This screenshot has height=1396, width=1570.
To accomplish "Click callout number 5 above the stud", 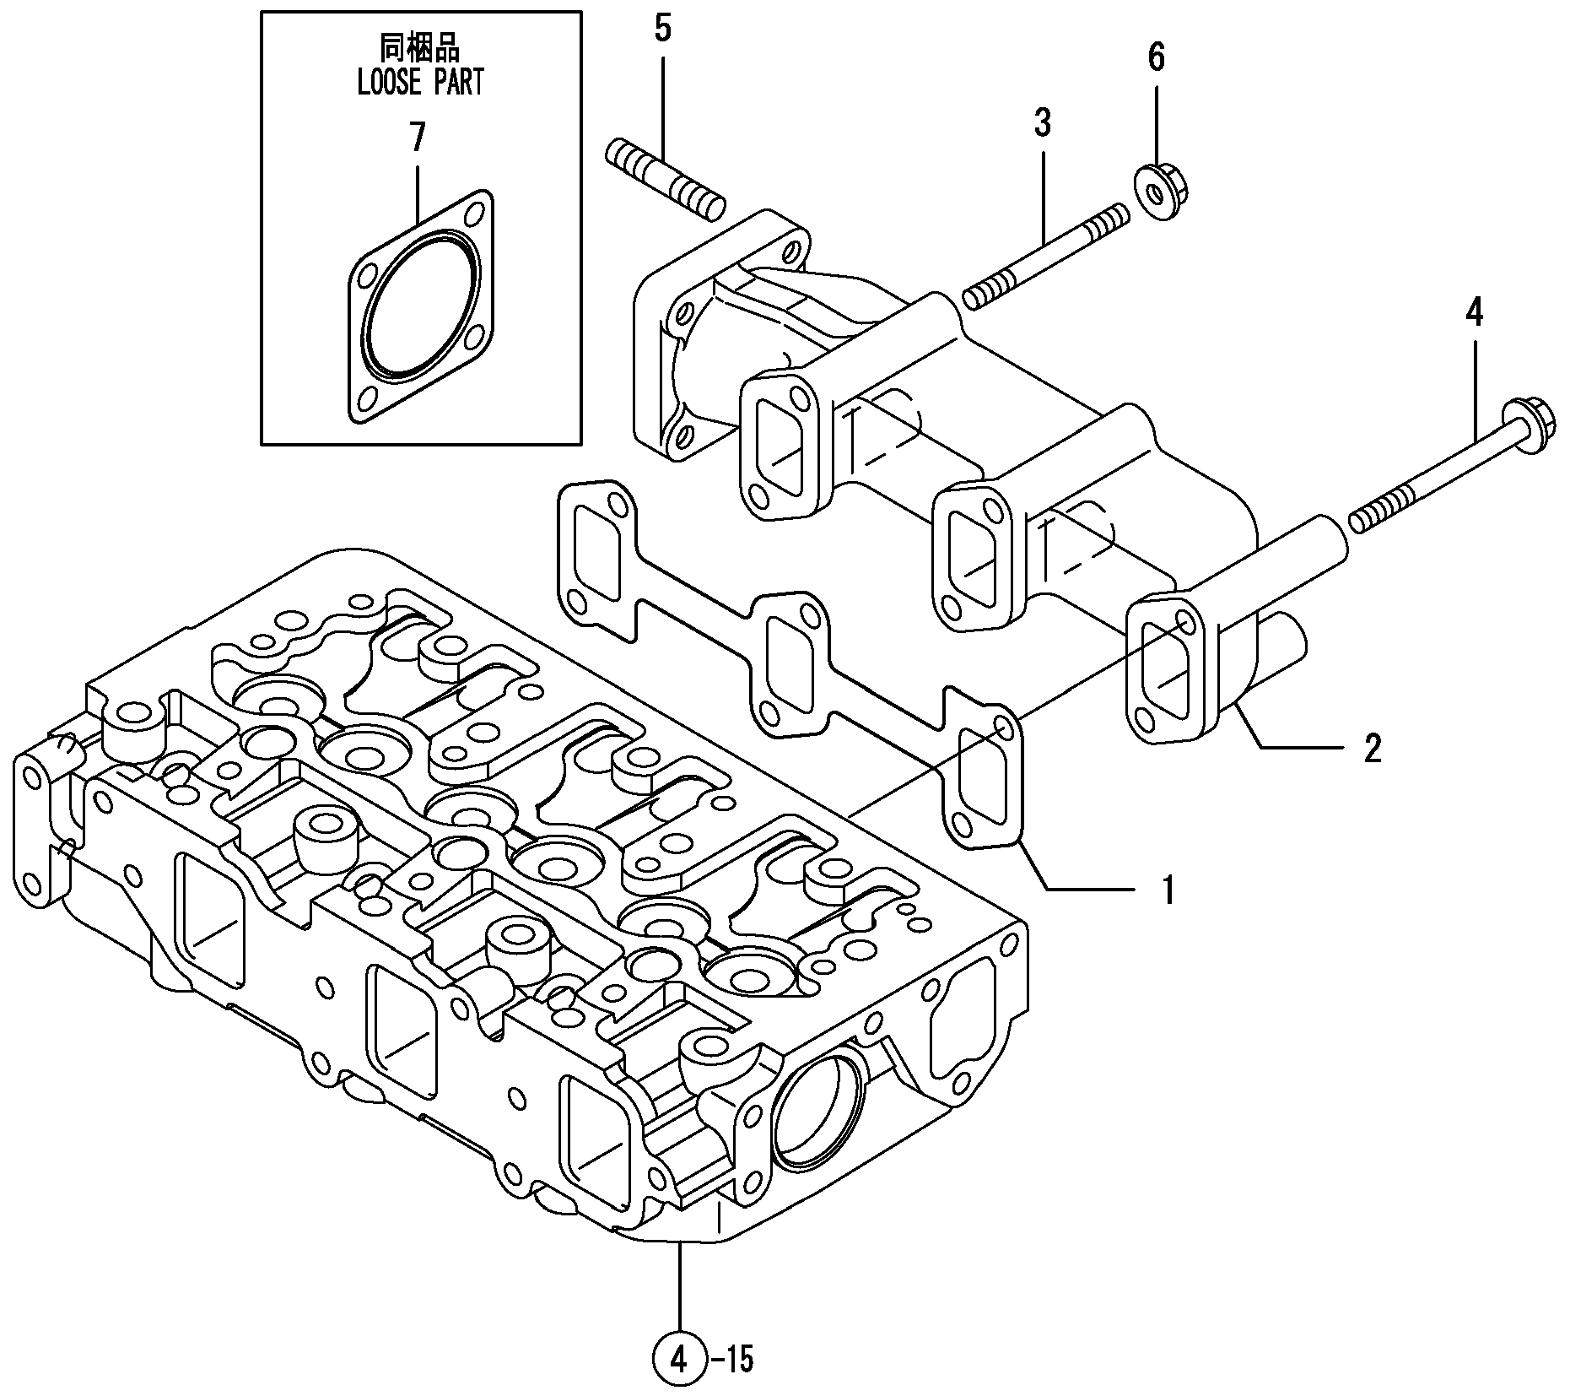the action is [662, 29].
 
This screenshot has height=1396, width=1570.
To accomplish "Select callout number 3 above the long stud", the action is [1043, 123].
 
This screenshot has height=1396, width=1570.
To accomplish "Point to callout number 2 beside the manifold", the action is [1373, 749].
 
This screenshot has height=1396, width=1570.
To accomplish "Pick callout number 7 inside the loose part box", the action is [418, 137].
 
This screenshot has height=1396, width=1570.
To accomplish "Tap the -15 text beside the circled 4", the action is [731, 1360].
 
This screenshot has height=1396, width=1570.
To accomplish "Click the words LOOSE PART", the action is [420, 83].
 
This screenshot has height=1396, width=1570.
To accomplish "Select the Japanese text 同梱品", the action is [420, 46].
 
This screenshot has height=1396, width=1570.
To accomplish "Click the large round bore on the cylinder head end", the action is [817, 1107].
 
